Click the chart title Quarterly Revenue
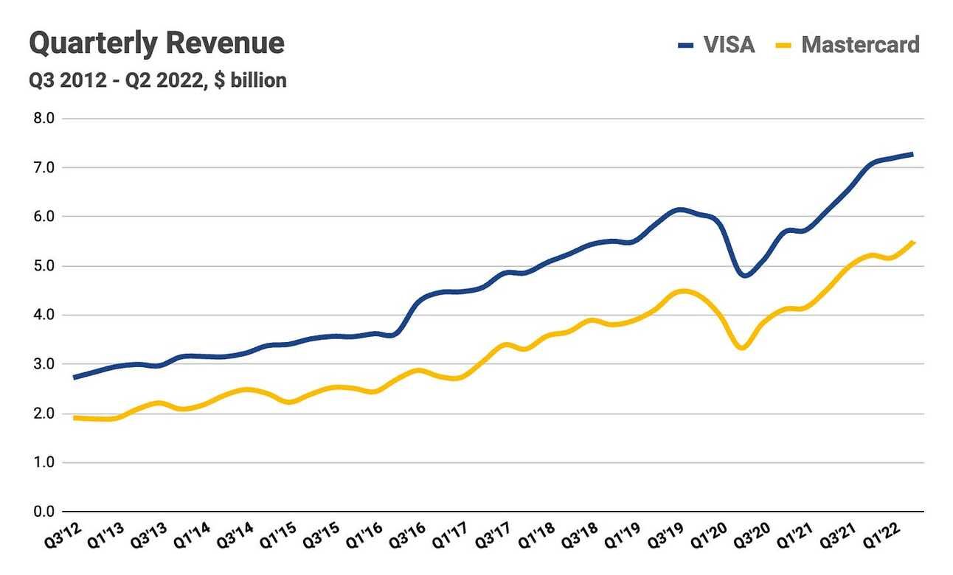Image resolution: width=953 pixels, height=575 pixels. (156, 43)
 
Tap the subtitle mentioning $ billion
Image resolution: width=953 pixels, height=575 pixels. (157, 80)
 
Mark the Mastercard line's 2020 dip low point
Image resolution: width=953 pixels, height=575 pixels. (742, 347)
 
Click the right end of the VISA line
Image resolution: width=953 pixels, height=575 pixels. (912, 154)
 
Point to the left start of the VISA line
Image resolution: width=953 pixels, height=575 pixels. (74, 377)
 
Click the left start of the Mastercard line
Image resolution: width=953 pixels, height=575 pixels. (74, 418)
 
